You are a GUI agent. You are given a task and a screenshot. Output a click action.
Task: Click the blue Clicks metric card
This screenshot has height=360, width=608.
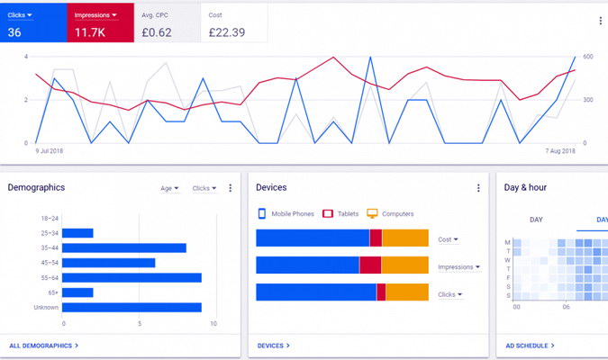(x=33, y=22)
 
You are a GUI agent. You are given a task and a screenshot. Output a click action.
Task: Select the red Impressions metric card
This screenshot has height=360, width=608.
(x=100, y=22)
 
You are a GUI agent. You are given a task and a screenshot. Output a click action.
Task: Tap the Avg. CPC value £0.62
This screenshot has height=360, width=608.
(x=157, y=32)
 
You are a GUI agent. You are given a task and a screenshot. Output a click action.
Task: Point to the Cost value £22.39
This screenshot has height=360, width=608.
(x=227, y=32)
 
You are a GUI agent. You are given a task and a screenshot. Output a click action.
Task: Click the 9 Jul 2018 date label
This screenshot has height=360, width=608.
(x=50, y=150)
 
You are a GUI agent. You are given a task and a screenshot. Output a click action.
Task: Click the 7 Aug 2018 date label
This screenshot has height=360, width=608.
(x=560, y=150)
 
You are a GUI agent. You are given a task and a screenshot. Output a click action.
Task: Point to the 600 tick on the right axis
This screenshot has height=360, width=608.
(x=588, y=57)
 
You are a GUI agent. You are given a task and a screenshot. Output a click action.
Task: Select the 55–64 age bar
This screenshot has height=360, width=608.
(x=132, y=278)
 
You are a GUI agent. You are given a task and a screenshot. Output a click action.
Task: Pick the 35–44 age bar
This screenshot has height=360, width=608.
(x=124, y=248)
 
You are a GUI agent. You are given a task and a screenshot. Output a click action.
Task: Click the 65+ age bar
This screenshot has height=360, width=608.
(x=77, y=292)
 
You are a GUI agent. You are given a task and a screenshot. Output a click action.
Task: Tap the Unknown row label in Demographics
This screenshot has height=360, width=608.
(x=46, y=307)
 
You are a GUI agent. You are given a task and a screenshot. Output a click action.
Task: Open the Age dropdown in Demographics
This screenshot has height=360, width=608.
(x=169, y=188)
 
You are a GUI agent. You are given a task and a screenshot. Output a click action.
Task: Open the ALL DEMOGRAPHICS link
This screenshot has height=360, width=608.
(x=44, y=346)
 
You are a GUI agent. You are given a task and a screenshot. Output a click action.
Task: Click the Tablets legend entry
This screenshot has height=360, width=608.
(x=340, y=213)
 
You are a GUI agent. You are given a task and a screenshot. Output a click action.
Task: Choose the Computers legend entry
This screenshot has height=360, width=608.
(x=390, y=213)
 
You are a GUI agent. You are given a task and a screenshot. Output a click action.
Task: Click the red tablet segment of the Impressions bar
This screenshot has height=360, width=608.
(x=370, y=265)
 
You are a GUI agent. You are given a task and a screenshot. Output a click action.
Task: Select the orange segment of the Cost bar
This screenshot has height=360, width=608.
(x=405, y=238)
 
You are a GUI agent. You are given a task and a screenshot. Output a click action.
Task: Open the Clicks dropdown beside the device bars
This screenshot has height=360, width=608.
(x=450, y=294)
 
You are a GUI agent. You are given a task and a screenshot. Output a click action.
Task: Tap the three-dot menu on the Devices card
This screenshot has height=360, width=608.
(x=478, y=188)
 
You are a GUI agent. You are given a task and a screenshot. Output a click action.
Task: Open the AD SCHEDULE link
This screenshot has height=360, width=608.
(x=530, y=346)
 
